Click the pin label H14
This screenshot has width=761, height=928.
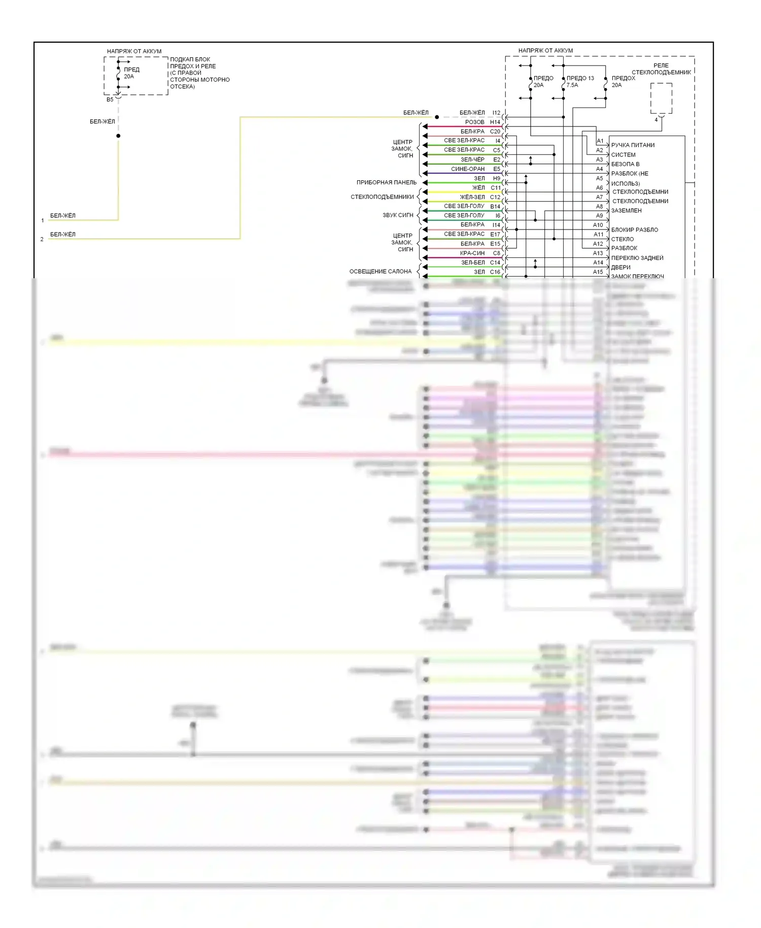click(x=495, y=122)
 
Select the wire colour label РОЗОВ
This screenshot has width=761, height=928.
click(x=475, y=122)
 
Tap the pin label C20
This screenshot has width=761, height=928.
click(x=495, y=131)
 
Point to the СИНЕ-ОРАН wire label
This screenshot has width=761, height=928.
click(x=468, y=169)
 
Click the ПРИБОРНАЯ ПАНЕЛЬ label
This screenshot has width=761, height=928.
click(x=387, y=182)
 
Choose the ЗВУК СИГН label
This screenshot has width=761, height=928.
click(x=398, y=215)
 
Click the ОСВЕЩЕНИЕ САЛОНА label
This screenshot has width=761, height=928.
click(x=380, y=272)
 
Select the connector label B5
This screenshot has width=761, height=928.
click(x=110, y=100)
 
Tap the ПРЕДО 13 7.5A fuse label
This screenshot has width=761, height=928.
click(x=580, y=81)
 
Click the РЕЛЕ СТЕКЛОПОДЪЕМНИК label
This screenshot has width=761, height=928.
click(x=661, y=69)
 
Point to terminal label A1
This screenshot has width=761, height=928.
click(x=600, y=141)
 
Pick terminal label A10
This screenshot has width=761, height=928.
click(x=598, y=225)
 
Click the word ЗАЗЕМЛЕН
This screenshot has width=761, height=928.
click(x=626, y=211)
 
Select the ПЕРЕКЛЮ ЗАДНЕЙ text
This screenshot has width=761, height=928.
click(x=637, y=258)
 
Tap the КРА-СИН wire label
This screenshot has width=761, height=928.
click(x=472, y=253)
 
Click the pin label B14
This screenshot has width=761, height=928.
click(x=495, y=207)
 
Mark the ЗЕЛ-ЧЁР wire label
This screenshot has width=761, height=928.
click(x=472, y=159)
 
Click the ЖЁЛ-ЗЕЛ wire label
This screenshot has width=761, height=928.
click(x=472, y=197)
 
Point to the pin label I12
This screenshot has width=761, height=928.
click(x=496, y=113)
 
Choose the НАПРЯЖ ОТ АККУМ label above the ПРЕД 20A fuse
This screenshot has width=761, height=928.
click(x=134, y=51)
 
